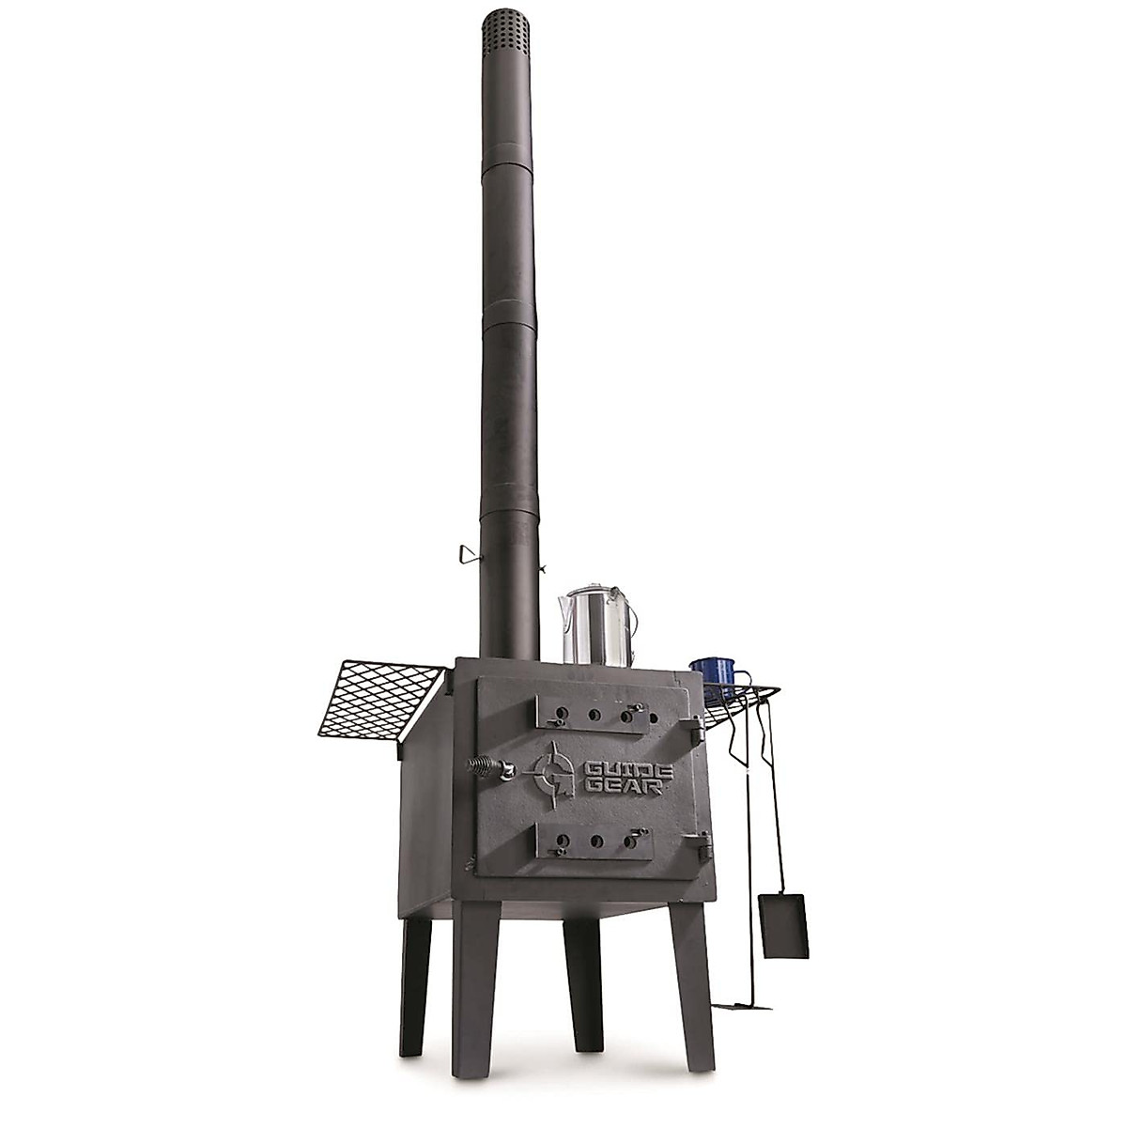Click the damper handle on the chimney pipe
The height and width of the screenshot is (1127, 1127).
point(467,558)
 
